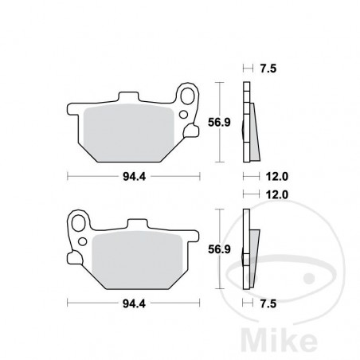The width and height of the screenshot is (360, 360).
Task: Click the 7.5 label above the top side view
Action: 268,68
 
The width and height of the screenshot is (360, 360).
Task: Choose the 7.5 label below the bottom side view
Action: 268,303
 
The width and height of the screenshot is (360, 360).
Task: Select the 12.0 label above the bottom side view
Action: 268,194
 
